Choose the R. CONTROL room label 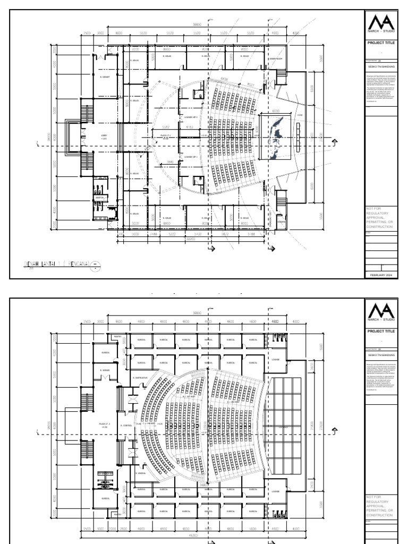[x=126, y=426]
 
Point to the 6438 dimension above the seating [x=224, y=79]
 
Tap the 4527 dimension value [x=251, y=85]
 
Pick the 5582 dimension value [x=165, y=127]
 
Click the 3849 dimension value [x=170, y=161]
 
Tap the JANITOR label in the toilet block [x=99, y=197]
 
